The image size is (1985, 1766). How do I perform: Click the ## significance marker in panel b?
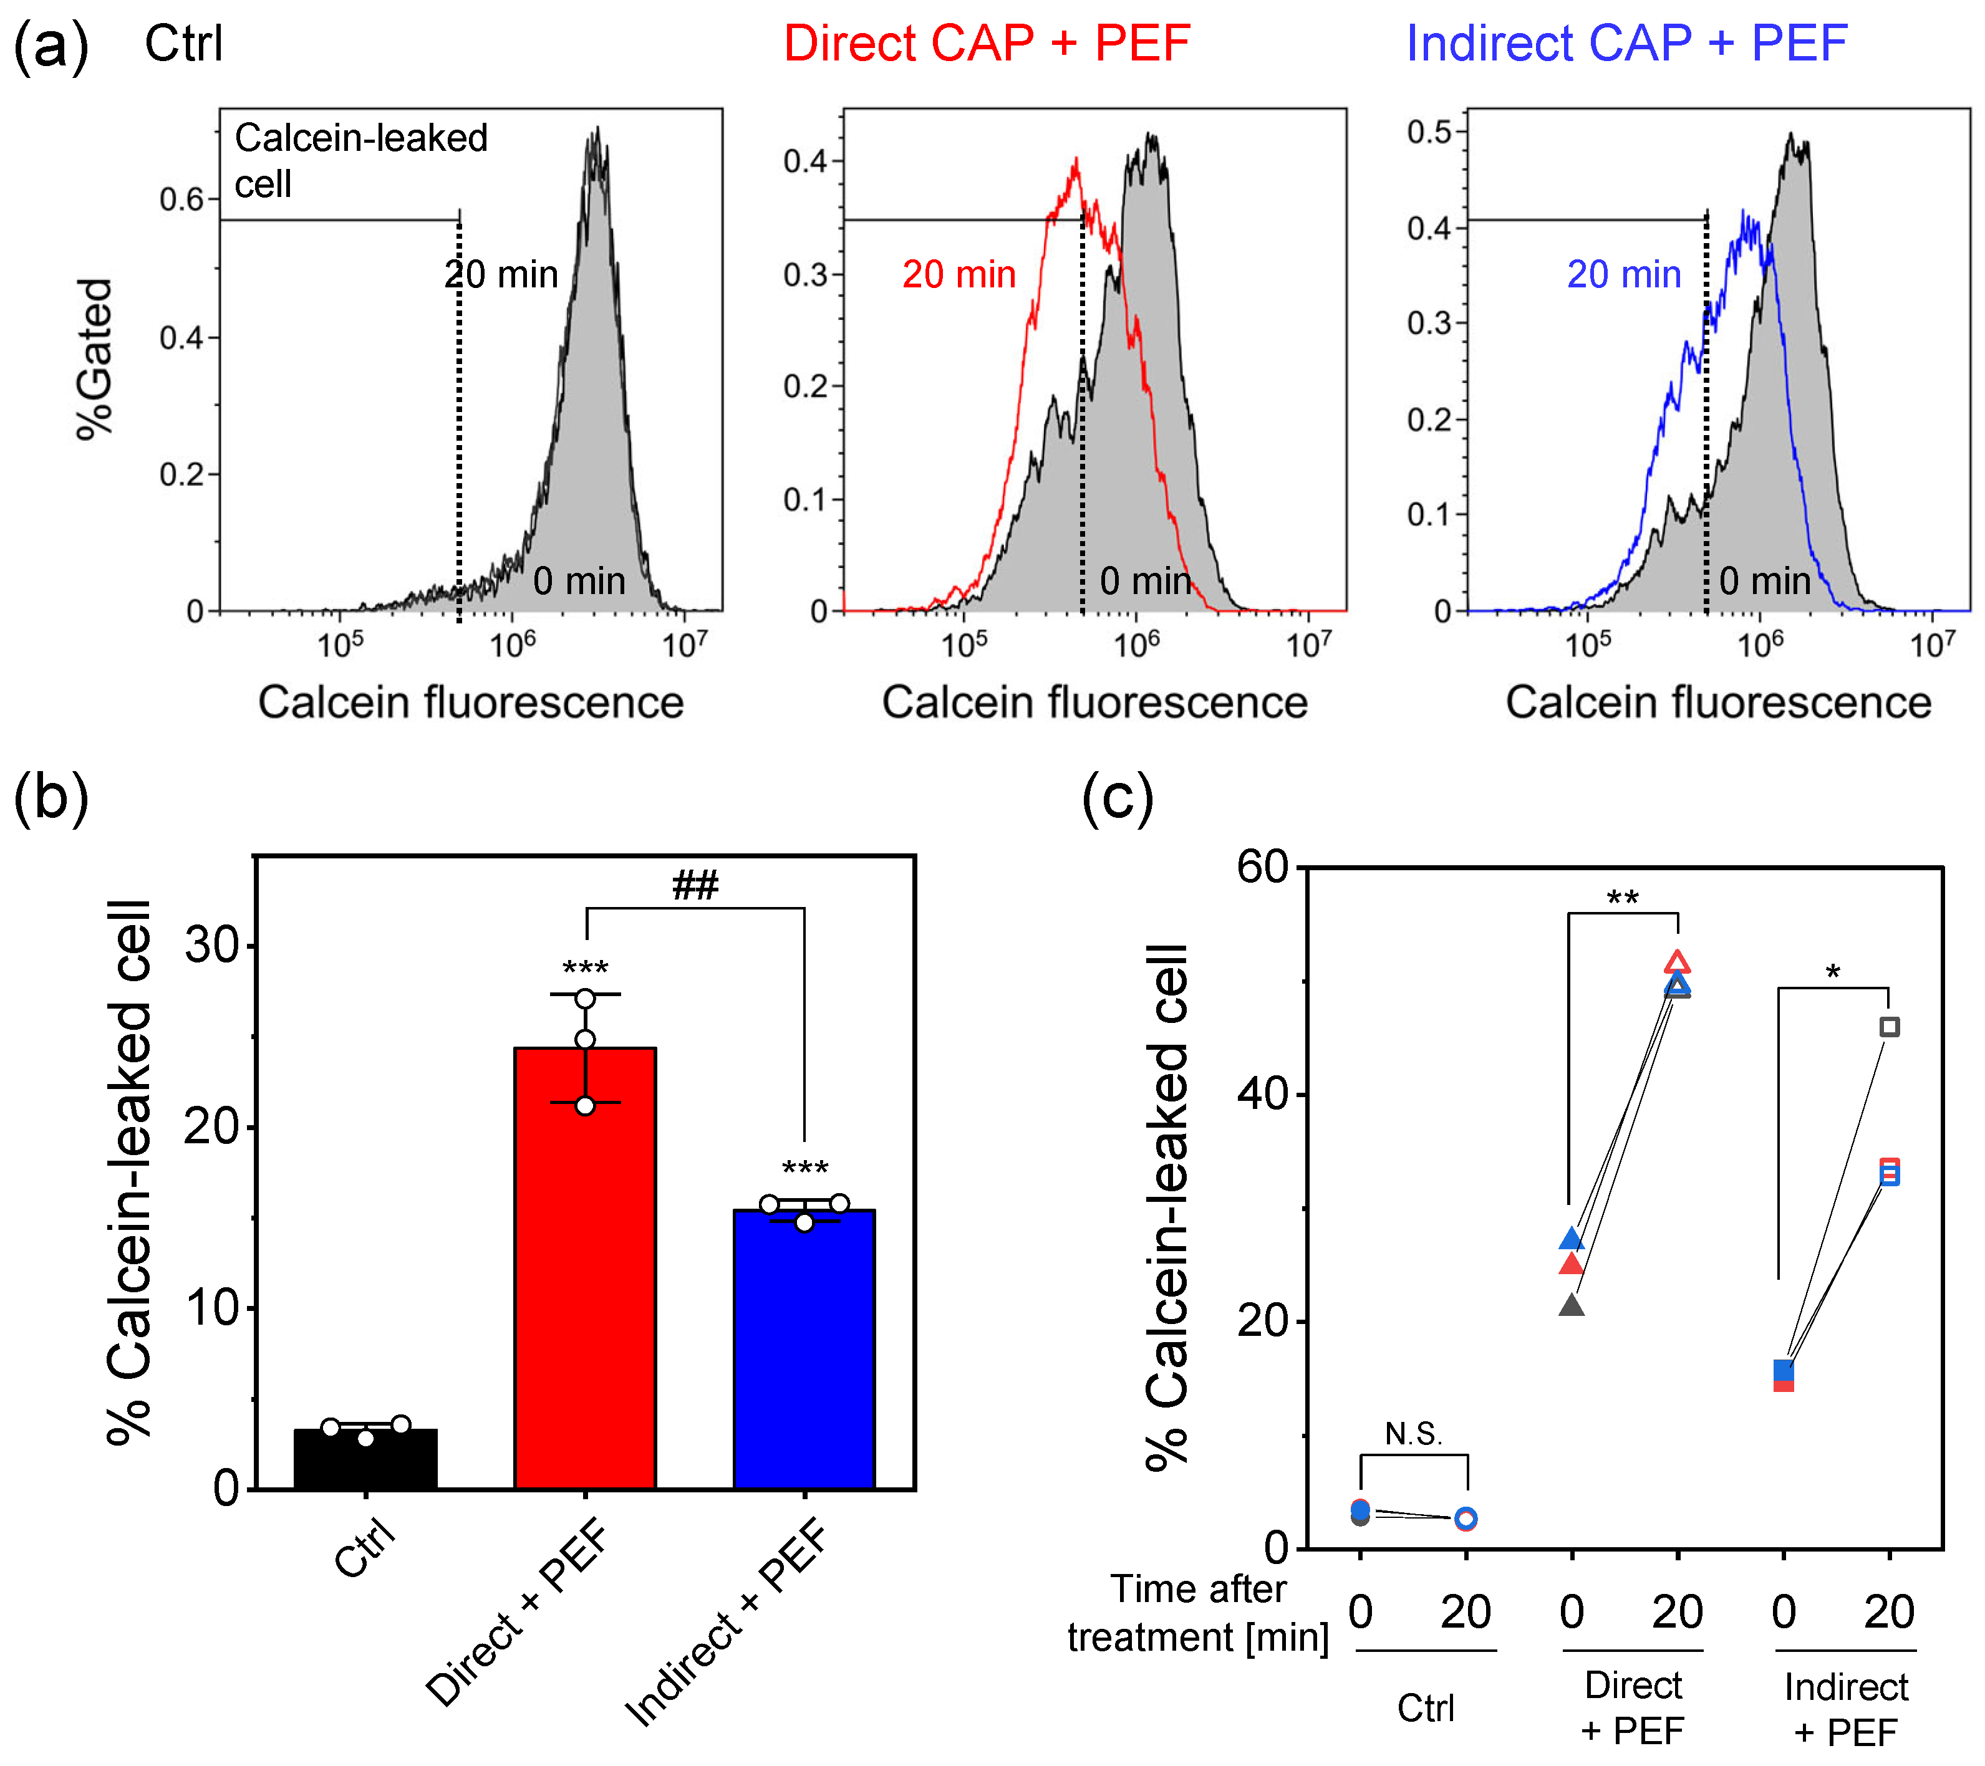tap(695, 885)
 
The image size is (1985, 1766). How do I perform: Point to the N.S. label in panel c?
tap(1413, 1434)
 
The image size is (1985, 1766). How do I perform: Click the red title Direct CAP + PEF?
tap(987, 43)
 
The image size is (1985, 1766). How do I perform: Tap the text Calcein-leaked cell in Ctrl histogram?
tap(361, 160)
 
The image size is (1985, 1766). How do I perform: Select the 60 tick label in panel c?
tap(1262, 866)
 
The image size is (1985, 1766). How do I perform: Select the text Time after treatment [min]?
tap(1199, 1613)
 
